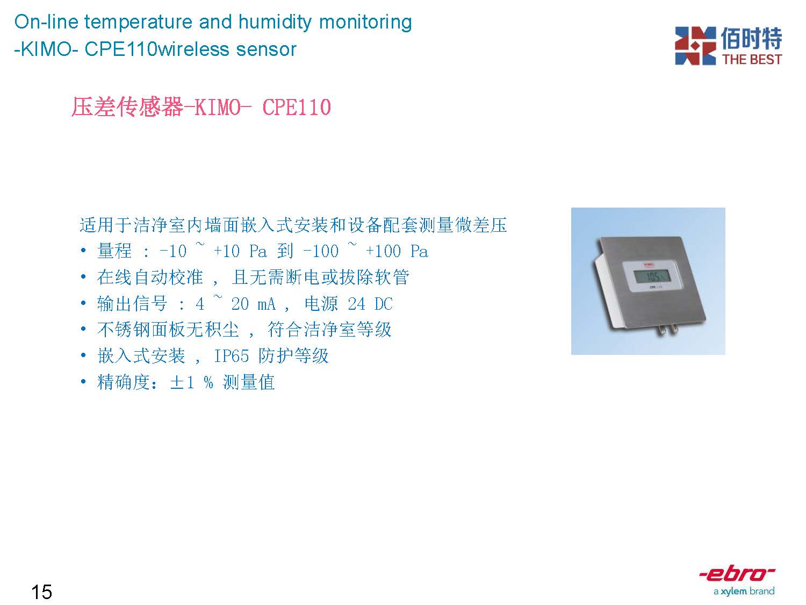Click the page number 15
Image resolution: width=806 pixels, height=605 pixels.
pos(41,592)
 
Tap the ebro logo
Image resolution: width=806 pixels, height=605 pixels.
pos(737,574)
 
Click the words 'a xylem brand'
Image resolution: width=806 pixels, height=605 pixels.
pos(744,591)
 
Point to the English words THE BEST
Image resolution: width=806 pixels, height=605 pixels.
pos(752,59)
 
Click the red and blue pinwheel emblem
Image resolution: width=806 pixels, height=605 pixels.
pos(695,46)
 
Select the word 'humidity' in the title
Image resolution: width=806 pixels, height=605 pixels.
pos(275,22)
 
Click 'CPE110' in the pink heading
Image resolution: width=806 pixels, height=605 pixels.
pos(297,107)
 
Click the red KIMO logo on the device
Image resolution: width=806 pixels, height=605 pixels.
pos(649,264)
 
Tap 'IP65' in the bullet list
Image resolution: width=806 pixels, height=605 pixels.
pos(231,355)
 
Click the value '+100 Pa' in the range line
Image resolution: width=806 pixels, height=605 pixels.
pos(397,251)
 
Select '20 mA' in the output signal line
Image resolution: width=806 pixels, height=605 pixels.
pos(253,304)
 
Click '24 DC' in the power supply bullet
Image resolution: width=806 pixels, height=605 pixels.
pos(370,304)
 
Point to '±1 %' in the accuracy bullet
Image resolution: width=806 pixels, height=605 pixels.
pos(191,382)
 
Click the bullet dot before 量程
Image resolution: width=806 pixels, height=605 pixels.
pos(83,251)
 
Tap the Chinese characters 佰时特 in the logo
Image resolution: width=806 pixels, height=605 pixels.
pos(751,38)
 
